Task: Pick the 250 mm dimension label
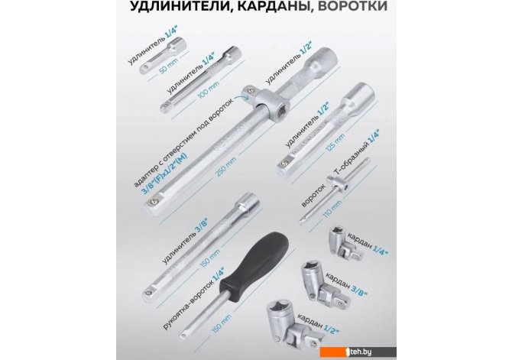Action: click(225, 167)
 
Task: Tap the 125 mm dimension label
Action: click(335, 142)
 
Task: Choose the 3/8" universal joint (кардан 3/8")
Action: click(322, 281)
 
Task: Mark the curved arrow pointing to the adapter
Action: click(242, 95)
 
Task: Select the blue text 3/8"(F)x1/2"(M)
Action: click(164, 174)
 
